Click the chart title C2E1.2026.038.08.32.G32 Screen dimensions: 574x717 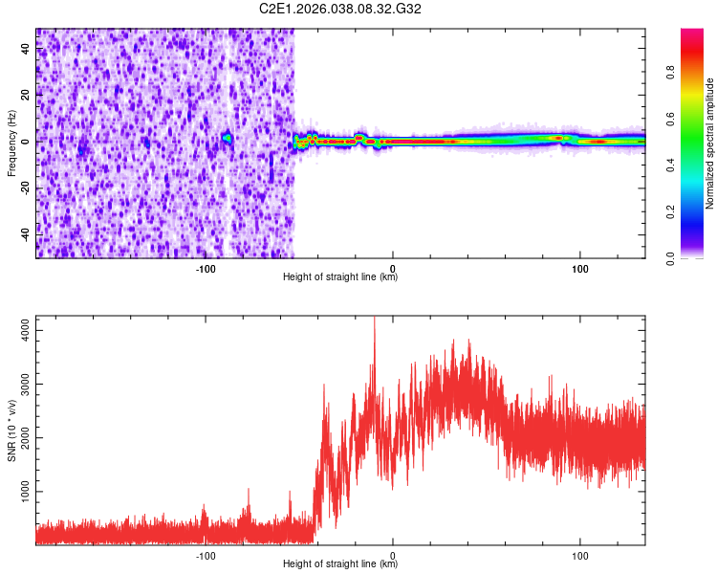341,9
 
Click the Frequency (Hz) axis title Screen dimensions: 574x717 11,143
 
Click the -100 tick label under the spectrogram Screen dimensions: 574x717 205,269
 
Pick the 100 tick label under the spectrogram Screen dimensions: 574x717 579,269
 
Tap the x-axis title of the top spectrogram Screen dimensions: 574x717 340,277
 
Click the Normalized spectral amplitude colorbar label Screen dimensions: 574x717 709,143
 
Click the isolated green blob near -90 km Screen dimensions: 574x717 227,139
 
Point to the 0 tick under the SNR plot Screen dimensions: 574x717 392,556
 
